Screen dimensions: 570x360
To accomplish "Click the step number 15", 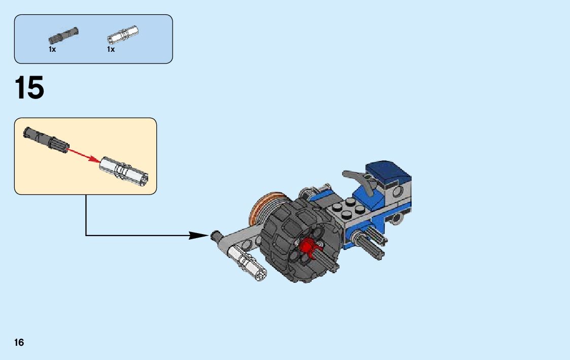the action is (29, 88).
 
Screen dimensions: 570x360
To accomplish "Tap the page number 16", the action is (19, 343).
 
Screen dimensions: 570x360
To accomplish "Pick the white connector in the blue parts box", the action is (123, 35).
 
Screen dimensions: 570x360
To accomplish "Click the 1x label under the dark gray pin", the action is (52, 49).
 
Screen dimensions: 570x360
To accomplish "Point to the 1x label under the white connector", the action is (111, 49).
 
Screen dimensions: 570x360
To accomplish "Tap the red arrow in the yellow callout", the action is (83, 154).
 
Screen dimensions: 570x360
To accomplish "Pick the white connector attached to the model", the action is (247, 261).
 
